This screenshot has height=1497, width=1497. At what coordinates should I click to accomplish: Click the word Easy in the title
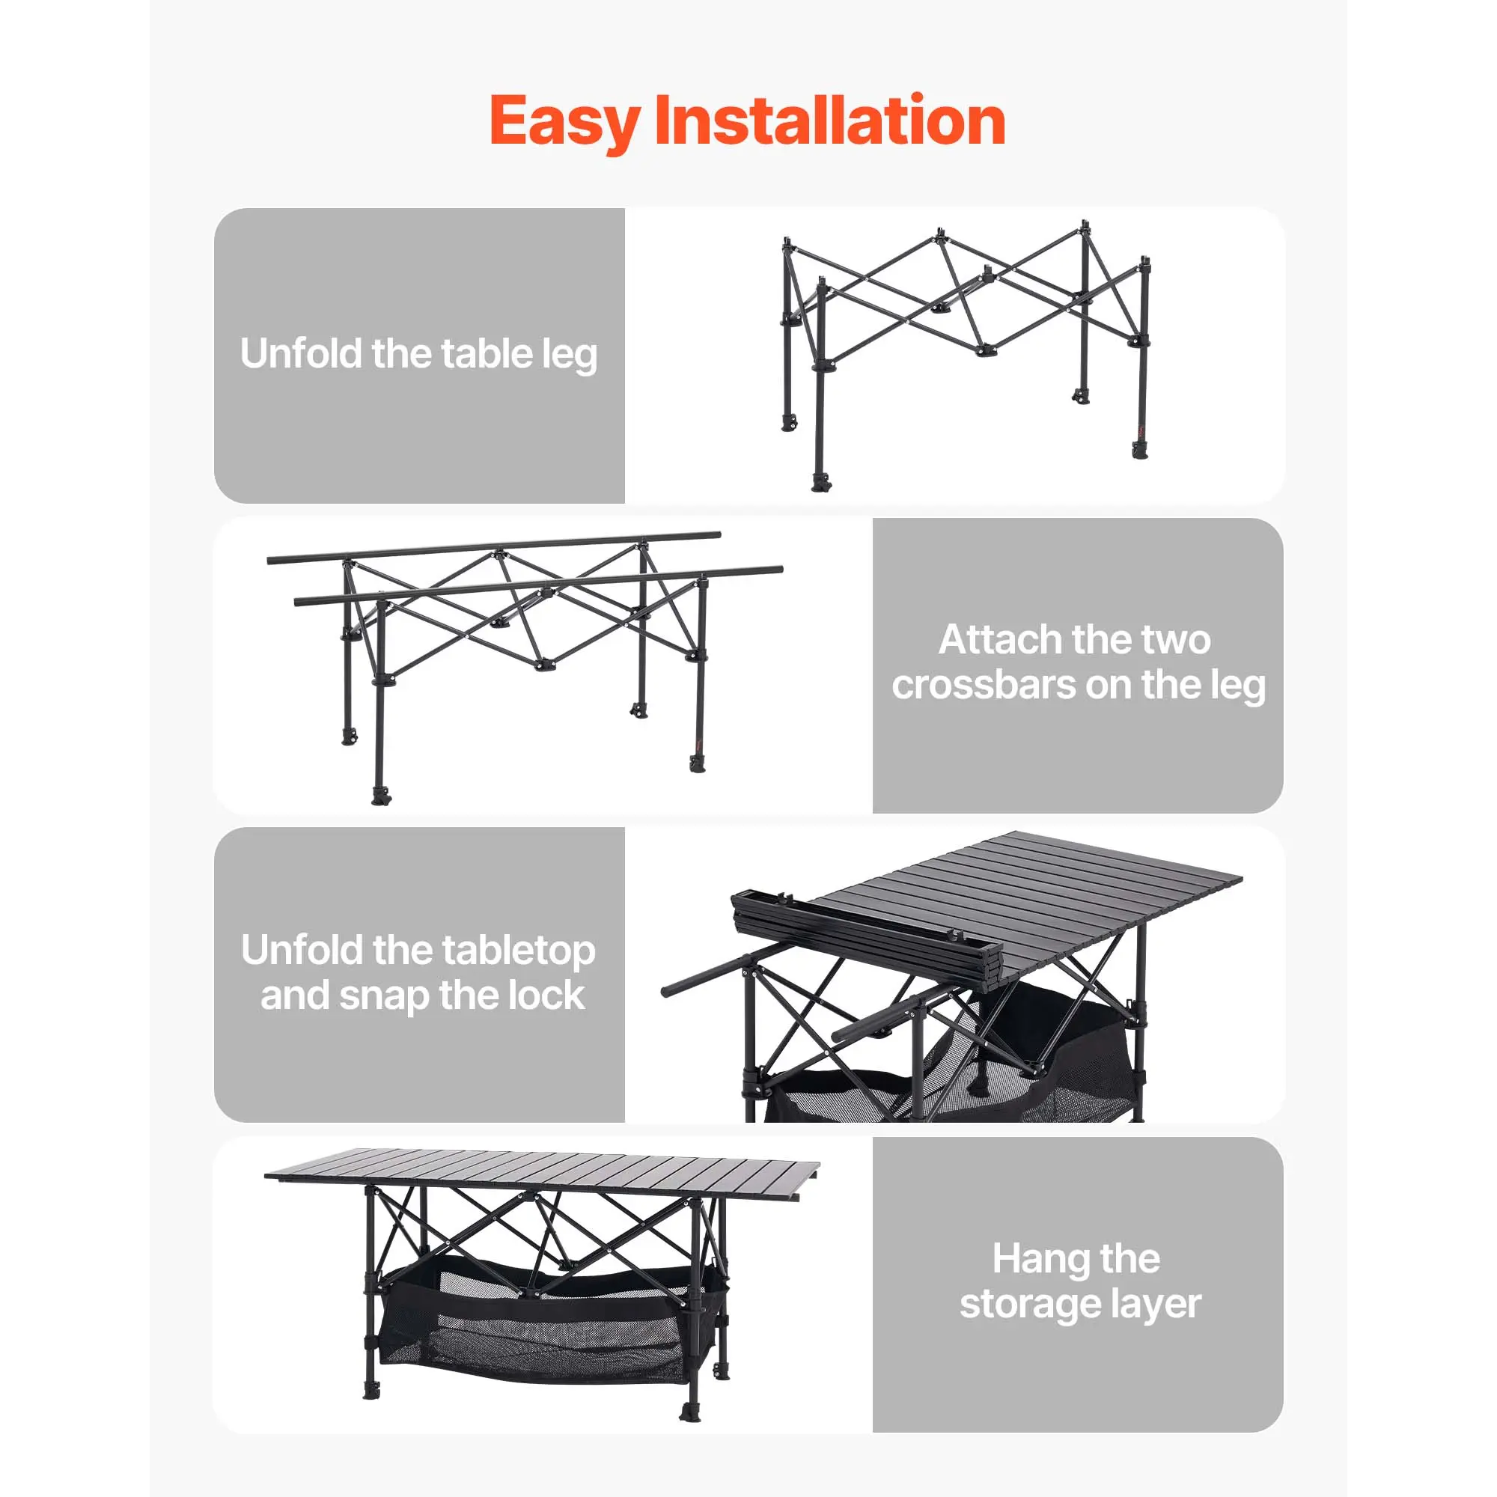(564, 124)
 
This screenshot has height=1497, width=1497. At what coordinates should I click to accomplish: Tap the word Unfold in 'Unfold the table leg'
(302, 353)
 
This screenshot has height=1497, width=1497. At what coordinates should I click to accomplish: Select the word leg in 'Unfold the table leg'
(570, 356)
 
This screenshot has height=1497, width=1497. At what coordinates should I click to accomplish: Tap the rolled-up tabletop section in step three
(867, 939)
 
